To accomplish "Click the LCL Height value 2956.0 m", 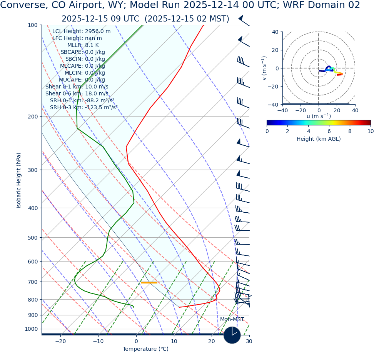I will pos(97,32).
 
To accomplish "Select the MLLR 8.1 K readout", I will pos(83,45).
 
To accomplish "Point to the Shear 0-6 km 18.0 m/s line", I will pos(77,94).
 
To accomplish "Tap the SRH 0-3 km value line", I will pos(83,108).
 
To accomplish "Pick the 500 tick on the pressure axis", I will pos(32,238).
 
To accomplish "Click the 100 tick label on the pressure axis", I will pos(32,25).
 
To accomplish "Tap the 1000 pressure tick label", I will pos(31,329).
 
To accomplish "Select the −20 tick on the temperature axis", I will pos(60,341).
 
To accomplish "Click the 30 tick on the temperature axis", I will pos(249,341).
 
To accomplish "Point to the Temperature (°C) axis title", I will pos(145,349).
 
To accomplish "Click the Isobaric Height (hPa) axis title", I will pos(19,180).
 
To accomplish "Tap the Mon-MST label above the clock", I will pos(232,320).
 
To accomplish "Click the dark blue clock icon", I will pos(232,335).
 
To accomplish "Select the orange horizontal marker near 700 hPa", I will pos(149,283).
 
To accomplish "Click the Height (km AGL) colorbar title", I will pos(318,139).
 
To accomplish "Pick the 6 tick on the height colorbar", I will pos(329,131).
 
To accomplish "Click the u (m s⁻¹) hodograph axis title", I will pos(318,116).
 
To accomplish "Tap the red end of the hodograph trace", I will pos(340,75).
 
